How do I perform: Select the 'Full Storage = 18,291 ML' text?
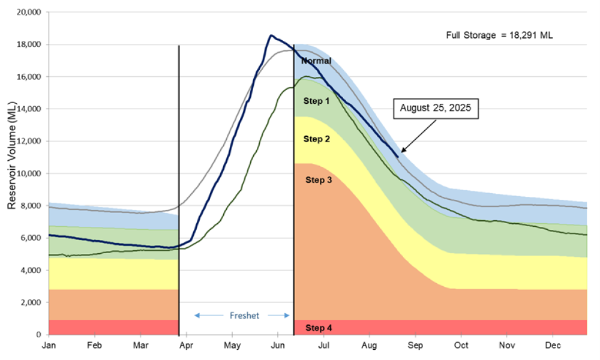(x=499, y=35)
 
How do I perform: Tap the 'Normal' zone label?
(x=316, y=61)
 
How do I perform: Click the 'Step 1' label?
(x=316, y=101)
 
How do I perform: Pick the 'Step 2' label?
(x=316, y=139)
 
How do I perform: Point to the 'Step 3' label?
(x=319, y=179)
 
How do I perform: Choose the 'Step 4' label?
(x=319, y=328)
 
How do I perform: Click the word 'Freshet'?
(x=244, y=316)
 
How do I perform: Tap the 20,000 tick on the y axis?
(x=28, y=12)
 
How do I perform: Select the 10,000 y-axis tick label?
(x=28, y=173)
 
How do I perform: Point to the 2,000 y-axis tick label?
(x=30, y=302)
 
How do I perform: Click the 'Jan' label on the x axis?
(x=49, y=346)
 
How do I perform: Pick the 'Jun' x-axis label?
(x=278, y=346)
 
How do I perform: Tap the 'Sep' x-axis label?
(x=415, y=346)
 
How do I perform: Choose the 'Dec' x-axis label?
(x=553, y=346)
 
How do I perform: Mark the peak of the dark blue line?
(x=271, y=35)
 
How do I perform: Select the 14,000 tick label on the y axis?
(x=28, y=109)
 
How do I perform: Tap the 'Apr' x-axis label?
(x=186, y=346)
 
